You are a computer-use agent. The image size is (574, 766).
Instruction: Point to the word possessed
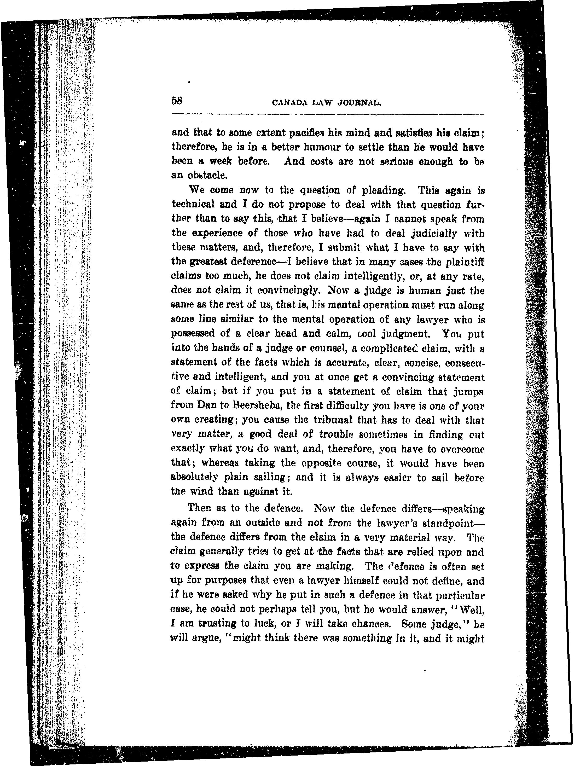tap(193, 334)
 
